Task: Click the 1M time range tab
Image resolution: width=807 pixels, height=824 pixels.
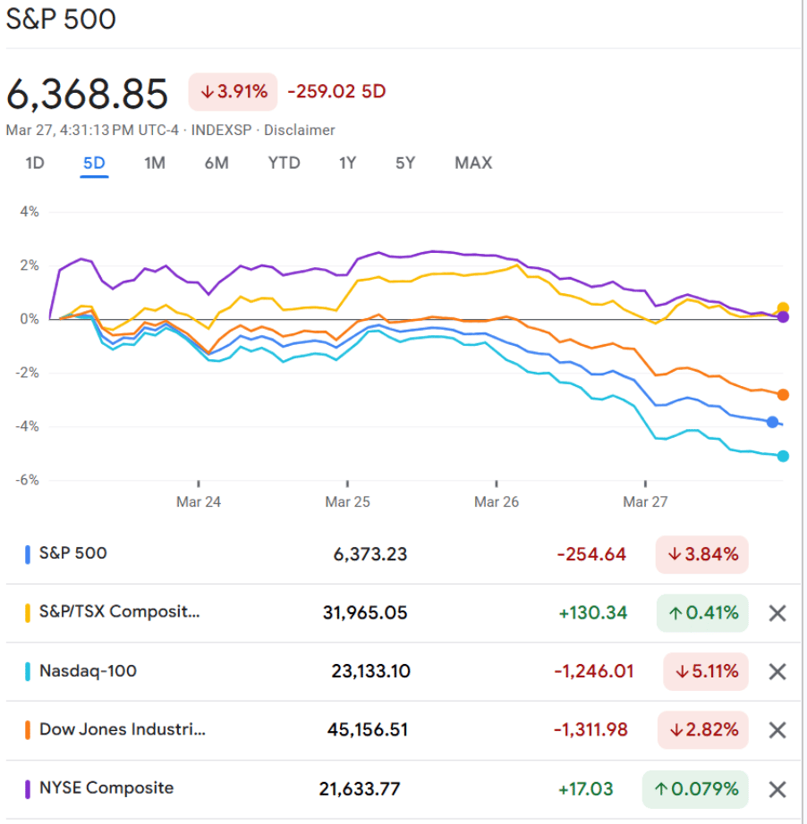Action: (155, 163)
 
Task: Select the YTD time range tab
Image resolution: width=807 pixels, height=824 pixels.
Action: (284, 163)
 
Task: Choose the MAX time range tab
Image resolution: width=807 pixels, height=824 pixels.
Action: (473, 163)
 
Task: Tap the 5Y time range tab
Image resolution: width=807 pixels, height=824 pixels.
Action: (405, 163)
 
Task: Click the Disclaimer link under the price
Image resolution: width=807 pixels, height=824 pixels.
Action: (299, 130)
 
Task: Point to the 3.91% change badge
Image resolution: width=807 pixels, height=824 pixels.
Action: (233, 91)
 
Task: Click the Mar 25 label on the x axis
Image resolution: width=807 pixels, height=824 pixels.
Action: (348, 502)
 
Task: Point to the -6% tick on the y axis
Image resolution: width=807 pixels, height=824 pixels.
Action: (27, 480)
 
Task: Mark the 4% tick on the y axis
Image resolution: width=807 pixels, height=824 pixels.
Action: (29, 212)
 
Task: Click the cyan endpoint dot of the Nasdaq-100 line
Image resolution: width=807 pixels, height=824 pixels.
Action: (783, 457)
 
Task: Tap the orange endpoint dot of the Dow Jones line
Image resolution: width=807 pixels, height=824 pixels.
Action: (783, 394)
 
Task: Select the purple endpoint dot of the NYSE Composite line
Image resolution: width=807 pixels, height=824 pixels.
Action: (783, 316)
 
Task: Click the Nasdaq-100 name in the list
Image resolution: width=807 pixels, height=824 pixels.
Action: (88, 670)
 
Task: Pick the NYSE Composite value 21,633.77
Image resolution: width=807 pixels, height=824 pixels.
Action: (360, 789)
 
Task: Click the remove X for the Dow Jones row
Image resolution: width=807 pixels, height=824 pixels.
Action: (777, 730)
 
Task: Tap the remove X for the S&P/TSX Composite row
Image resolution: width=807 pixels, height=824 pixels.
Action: (777, 613)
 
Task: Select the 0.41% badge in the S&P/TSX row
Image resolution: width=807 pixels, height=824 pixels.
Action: (702, 613)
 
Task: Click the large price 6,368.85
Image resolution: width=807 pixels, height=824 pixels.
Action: (88, 93)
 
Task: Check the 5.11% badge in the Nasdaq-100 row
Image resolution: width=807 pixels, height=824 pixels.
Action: (705, 671)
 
